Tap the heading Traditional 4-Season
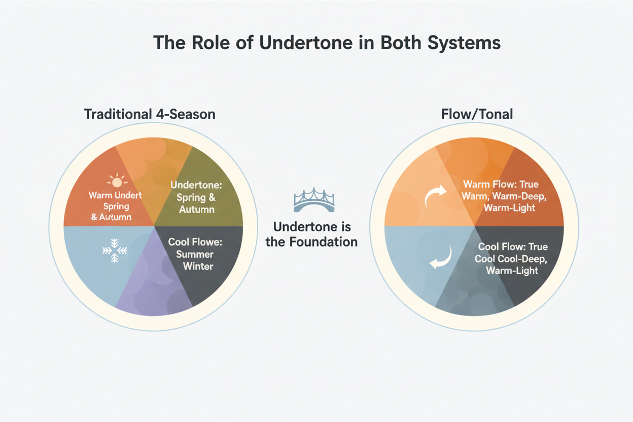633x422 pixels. click(150, 114)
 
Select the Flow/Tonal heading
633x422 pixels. click(476, 114)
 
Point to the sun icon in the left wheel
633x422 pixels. click(117, 181)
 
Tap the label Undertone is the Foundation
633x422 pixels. click(311, 234)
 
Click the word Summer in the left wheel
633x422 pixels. click(191, 254)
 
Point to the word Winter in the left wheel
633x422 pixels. click(198, 266)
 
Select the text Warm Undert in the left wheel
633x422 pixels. click(115, 195)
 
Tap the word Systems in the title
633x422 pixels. click(464, 43)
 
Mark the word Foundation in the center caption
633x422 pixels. click(322, 241)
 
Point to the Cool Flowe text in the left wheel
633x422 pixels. click(195, 242)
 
